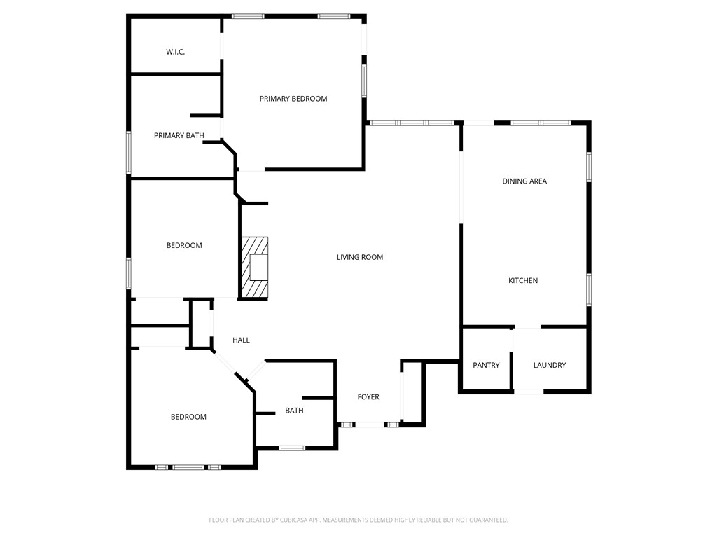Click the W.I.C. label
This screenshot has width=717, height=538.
(x=175, y=52)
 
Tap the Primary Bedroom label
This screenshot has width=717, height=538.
(x=293, y=99)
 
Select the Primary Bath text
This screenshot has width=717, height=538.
(x=179, y=135)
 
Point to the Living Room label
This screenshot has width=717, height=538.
(x=360, y=257)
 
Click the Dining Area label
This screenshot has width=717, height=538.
(x=524, y=181)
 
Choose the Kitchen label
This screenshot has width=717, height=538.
(x=523, y=281)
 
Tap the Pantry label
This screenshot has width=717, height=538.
(x=486, y=365)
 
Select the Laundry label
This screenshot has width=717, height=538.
(x=550, y=365)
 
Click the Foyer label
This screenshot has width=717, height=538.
(x=368, y=397)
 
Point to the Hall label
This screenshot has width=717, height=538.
(x=241, y=340)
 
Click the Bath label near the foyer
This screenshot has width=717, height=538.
(x=294, y=411)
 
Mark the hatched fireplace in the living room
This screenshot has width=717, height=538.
(x=254, y=268)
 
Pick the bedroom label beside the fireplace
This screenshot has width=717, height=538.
(x=184, y=245)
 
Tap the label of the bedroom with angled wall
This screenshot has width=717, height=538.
(x=189, y=417)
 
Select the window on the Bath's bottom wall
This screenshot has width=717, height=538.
(x=291, y=448)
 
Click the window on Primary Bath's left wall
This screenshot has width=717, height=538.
(x=129, y=152)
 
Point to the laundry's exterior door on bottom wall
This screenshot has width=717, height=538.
(x=529, y=392)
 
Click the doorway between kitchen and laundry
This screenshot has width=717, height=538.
(x=527, y=327)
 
